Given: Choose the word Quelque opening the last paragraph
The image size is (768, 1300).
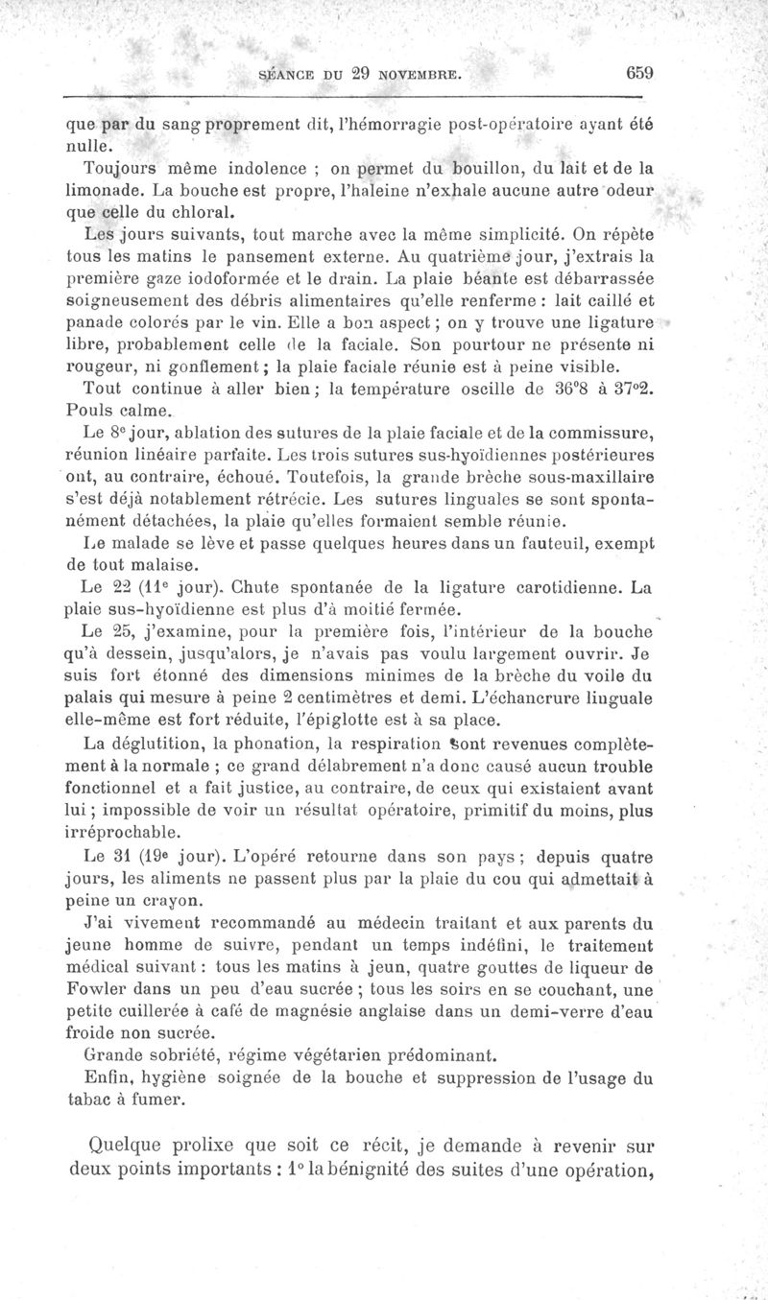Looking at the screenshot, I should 126,1145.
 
